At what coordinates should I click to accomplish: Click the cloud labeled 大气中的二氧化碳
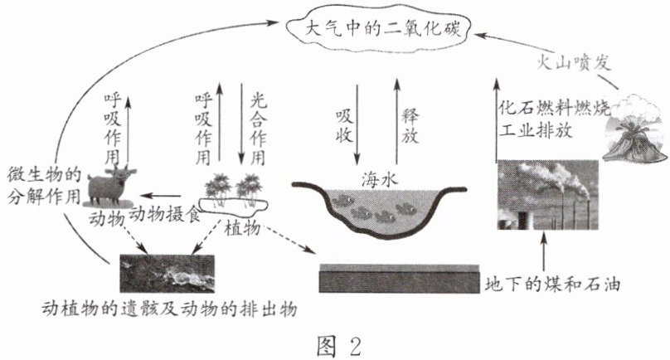(x=376, y=31)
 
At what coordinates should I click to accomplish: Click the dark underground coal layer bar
(x=398, y=279)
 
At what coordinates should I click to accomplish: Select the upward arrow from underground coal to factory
(x=544, y=250)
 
